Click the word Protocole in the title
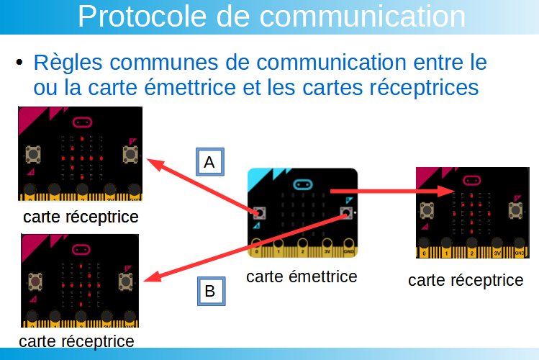click(142, 16)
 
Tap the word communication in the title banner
click(362, 16)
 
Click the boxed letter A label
click(210, 162)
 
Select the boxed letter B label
click(211, 291)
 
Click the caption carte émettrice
click(302, 276)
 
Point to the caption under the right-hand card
click(466, 280)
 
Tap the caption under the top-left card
click(81, 217)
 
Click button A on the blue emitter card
click(259, 213)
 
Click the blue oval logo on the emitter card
click(303, 184)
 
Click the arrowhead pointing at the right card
click(447, 191)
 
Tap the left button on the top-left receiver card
click(33, 154)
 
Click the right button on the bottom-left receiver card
click(125, 282)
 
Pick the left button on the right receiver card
click(427, 210)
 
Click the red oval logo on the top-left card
click(83, 122)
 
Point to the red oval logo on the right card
click(471, 180)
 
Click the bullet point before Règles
click(19, 62)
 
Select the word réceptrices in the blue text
click(424, 88)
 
